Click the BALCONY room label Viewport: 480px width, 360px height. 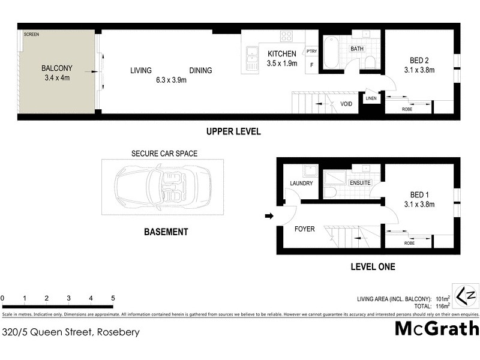(58, 68)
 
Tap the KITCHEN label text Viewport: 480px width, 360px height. (282, 54)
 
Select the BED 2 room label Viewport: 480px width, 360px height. (419, 59)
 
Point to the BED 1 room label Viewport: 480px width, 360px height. (419, 194)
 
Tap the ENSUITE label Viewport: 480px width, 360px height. (360, 182)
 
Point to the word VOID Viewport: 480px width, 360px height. (346, 103)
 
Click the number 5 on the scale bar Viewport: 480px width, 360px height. (113, 298)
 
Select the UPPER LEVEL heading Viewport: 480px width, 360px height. (233, 132)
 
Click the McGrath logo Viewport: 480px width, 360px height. (437, 328)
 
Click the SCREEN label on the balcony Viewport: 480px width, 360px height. (31, 35)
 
